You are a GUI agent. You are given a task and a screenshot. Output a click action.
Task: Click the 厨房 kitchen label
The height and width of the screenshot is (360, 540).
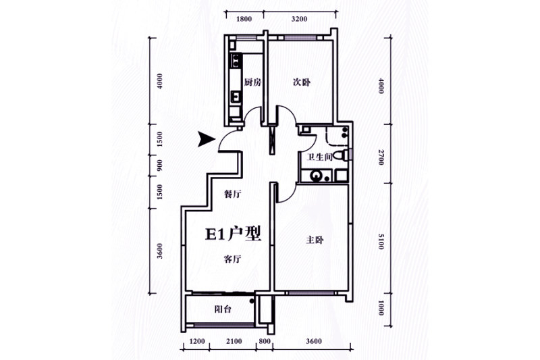pyautogui.click(x=252, y=82)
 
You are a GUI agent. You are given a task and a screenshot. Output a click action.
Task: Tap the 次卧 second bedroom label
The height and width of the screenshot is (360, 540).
pyautogui.click(x=302, y=82)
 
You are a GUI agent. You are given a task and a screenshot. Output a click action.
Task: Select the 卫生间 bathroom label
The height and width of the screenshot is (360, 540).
pyautogui.click(x=319, y=157)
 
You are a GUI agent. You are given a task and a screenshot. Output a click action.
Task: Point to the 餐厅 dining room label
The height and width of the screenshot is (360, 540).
pyautogui.click(x=232, y=195)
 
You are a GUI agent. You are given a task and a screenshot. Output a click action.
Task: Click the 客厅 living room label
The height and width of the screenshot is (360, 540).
pyautogui.click(x=232, y=259)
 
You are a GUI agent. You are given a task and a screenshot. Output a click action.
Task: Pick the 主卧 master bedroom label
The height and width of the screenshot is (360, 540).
pyautogui.click(x=315, y=240)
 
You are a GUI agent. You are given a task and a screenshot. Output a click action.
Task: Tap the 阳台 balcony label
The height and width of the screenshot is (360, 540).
pyautogui.click(x=223, y=309)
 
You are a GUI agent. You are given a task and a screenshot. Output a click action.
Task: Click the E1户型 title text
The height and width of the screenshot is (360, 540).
pyautogui.click(x=233, y=234)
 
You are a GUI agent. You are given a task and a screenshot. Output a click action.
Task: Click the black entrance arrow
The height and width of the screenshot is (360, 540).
pyautogui.click(x=207, y=139)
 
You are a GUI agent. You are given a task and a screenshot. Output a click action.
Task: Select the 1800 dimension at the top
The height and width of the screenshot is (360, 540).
pyautogui.click(x=244, y=19)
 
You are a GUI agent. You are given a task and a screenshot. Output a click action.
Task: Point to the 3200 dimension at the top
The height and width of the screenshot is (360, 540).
pyautogui.click(x=299, y=19)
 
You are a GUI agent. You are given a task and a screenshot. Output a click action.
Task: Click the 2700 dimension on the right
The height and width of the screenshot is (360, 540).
pyautogui.click(x=381, y=157)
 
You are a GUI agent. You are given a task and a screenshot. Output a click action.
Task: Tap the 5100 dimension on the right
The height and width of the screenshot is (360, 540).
pyautogui.click(x=381, y=242)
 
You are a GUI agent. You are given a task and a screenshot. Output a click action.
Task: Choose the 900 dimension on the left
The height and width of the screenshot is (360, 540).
pyautogui.click(x=159, y=165)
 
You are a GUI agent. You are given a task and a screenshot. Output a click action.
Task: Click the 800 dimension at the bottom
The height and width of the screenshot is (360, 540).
pyautogui.click(x=264, y=341)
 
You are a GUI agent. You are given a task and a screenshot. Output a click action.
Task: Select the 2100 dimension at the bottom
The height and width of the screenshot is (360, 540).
pyautogui.click(x=234, y=341)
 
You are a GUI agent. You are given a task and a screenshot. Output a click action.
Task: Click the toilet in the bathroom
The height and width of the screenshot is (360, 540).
pyautogui.click(x=342, y=155)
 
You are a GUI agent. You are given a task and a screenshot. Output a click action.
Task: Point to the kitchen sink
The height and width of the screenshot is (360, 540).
pyautogui.click(x=236, y=96)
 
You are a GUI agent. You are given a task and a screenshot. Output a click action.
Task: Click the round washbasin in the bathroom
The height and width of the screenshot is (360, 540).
pyautogui.click(x=316, y=176)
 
